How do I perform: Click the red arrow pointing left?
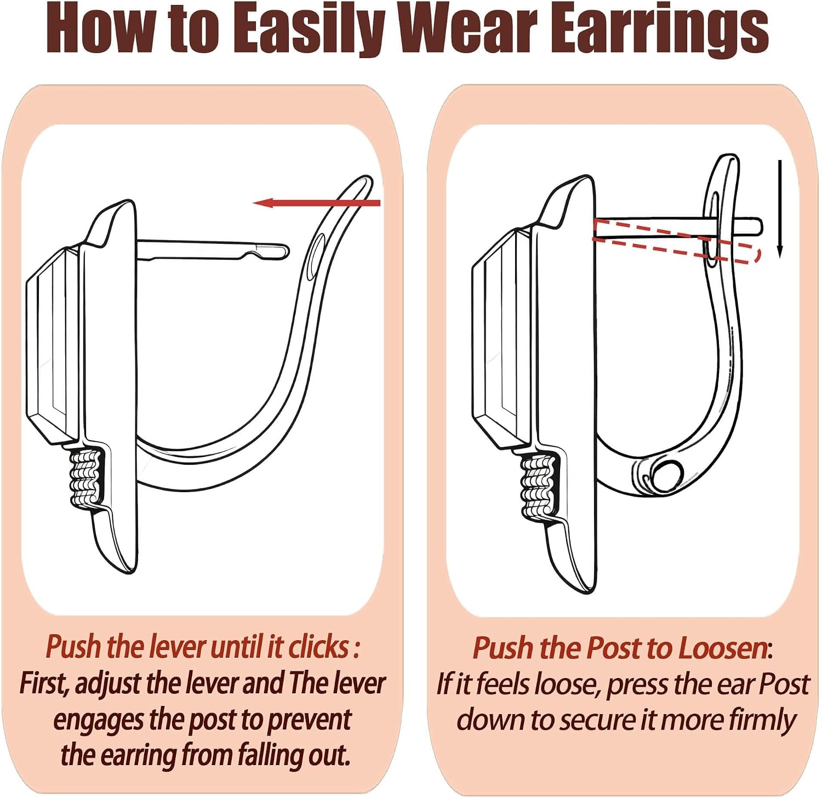[x=317, y=203]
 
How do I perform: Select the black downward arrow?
[x=780, y=209]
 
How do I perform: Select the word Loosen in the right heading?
[x=722, y=648]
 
